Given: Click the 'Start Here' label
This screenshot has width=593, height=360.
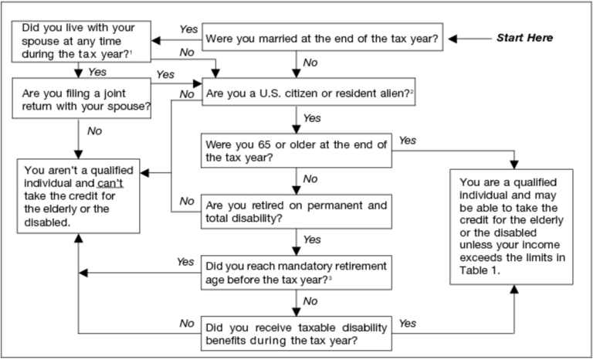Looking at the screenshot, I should (524, 37).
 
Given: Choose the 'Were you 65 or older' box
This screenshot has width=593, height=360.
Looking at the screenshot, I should (296, 150).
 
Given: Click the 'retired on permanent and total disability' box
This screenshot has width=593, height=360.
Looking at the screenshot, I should (296, 211).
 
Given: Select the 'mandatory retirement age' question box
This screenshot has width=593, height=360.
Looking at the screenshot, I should (296, 271).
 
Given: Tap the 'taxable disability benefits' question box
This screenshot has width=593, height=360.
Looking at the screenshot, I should (296, 330).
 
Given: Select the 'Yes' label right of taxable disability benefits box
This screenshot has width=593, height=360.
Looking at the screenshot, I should (408, 322).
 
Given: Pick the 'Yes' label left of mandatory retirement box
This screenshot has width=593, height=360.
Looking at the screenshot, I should (185, 262).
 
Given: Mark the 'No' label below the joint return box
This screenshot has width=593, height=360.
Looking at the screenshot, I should (94, 131).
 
